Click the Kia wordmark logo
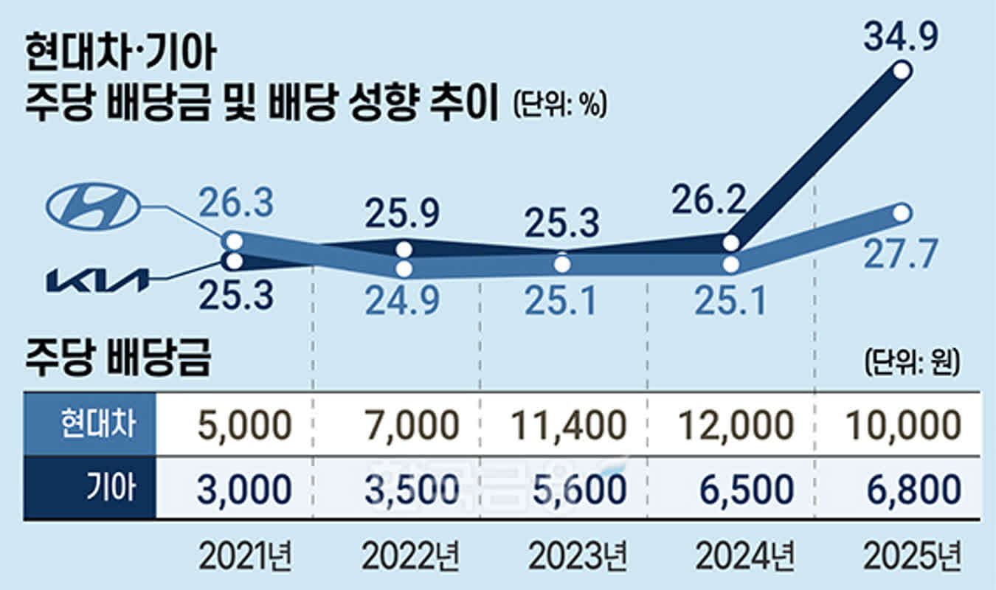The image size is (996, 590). (97, 281)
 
